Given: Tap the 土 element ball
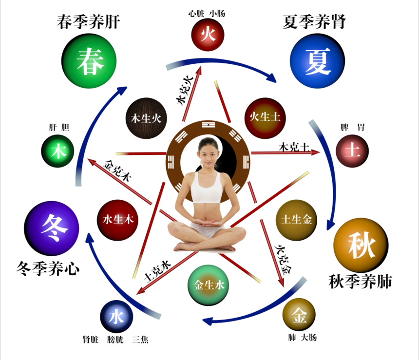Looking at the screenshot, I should tap(352, 151).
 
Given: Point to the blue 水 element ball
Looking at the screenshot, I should tap(117, 317).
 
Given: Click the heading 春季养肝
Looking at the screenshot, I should tap(88, 22).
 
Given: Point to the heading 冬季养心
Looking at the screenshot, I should tap(48, 268).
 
